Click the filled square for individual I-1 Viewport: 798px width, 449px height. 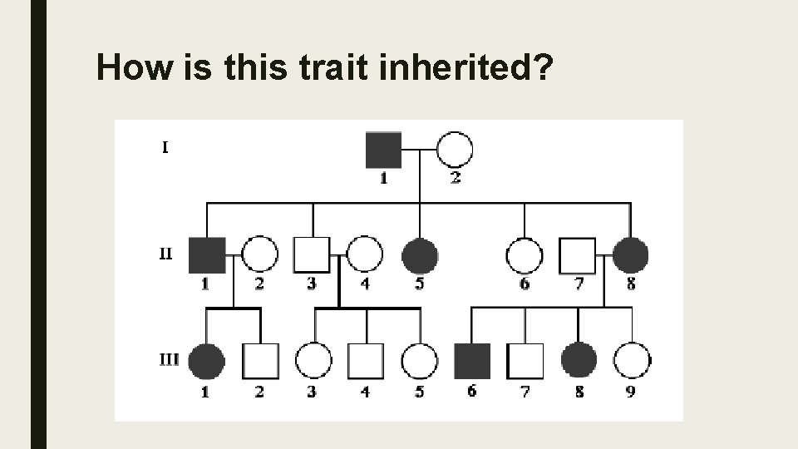tap(384, 150)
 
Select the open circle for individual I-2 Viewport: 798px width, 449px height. tap(455, 150)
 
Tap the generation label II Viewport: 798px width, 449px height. tap(165, 254)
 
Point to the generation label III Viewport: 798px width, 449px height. tap(168, 360)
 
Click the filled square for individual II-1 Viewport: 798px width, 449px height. tap(207, 255)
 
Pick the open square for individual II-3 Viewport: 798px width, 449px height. tap(312, 255)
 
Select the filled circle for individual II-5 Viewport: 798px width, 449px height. tap(420, 255)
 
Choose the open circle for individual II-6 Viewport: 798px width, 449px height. tap(525, 255)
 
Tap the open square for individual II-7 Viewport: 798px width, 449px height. tap(578, 255)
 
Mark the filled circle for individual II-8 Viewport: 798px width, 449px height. tap(631, 255)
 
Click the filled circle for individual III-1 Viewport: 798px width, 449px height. tap(206, 361)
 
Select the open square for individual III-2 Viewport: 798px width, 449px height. tap(259, 361)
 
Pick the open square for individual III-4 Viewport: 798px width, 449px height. tap(366, 361)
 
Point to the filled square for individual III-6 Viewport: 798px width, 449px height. tap(472, 361)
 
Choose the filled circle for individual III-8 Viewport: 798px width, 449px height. tap(579, 361)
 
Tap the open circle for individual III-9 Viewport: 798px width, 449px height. tap(632, 361)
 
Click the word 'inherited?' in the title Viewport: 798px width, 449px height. tap(466, 68)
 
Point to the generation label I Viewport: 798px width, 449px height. tap(165, 149)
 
